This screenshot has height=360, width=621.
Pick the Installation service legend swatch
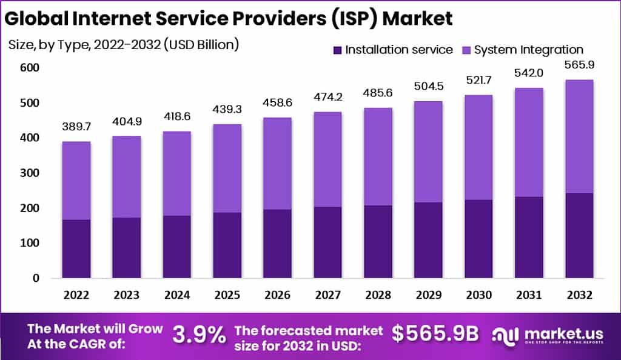338,50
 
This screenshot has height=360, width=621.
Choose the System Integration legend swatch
466,50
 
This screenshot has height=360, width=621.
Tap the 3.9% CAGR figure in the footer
199,334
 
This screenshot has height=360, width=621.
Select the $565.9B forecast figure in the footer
435,334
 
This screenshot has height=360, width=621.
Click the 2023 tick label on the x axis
126,296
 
